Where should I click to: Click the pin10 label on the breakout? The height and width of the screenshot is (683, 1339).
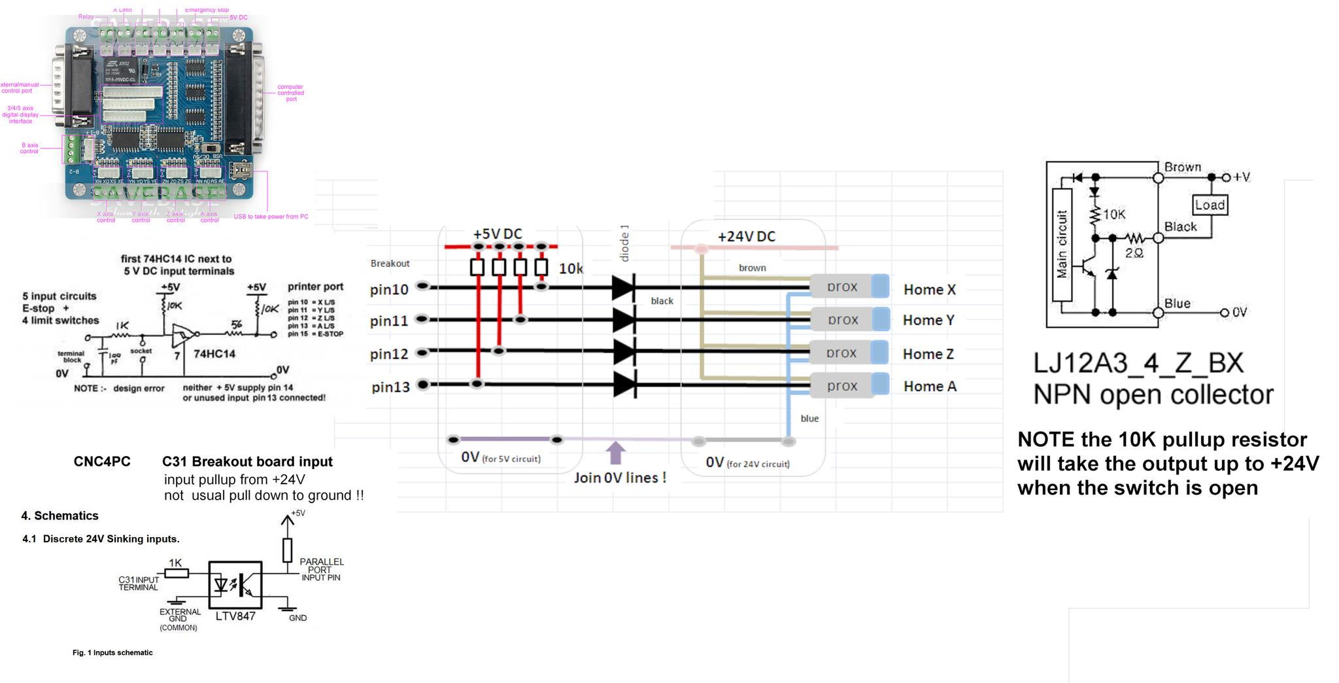(x=389, y=289)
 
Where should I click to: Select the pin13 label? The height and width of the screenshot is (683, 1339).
(x=390, y=387)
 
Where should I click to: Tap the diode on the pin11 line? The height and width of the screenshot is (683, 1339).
(x=624, y=320)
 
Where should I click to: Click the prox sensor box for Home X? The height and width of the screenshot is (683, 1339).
(x=842, y=287)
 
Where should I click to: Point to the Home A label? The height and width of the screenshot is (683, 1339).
(x=930, y=387)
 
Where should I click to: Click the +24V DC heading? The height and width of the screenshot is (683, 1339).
(x=747, y=237)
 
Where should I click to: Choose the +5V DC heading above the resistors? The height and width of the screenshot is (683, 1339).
(x=498, y=234)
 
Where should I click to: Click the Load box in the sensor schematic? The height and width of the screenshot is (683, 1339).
(x=1210, y=205)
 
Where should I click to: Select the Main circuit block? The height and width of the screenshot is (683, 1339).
(x=1062, y=245)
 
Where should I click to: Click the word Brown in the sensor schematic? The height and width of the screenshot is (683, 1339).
(x=1183, y=167)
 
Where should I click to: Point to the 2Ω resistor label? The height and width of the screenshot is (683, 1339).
(x=1134, y=253)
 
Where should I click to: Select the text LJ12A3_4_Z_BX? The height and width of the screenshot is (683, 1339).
(x=1138, y=363)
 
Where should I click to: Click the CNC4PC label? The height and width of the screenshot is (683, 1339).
(x=102, y=462)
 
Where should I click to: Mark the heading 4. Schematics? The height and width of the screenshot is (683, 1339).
(x=59, y=516)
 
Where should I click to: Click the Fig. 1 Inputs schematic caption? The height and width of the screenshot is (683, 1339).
(x=112, y=652)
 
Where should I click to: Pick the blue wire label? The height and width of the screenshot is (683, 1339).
(x=809, y=419)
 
